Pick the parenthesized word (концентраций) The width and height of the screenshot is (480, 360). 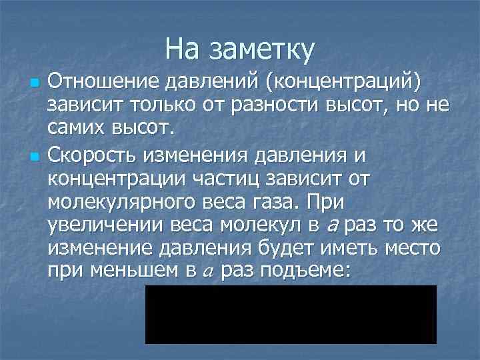pyautogui.click(x=343, y=83)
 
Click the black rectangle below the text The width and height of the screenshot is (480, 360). pyautogui.click(x=291, y=314)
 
